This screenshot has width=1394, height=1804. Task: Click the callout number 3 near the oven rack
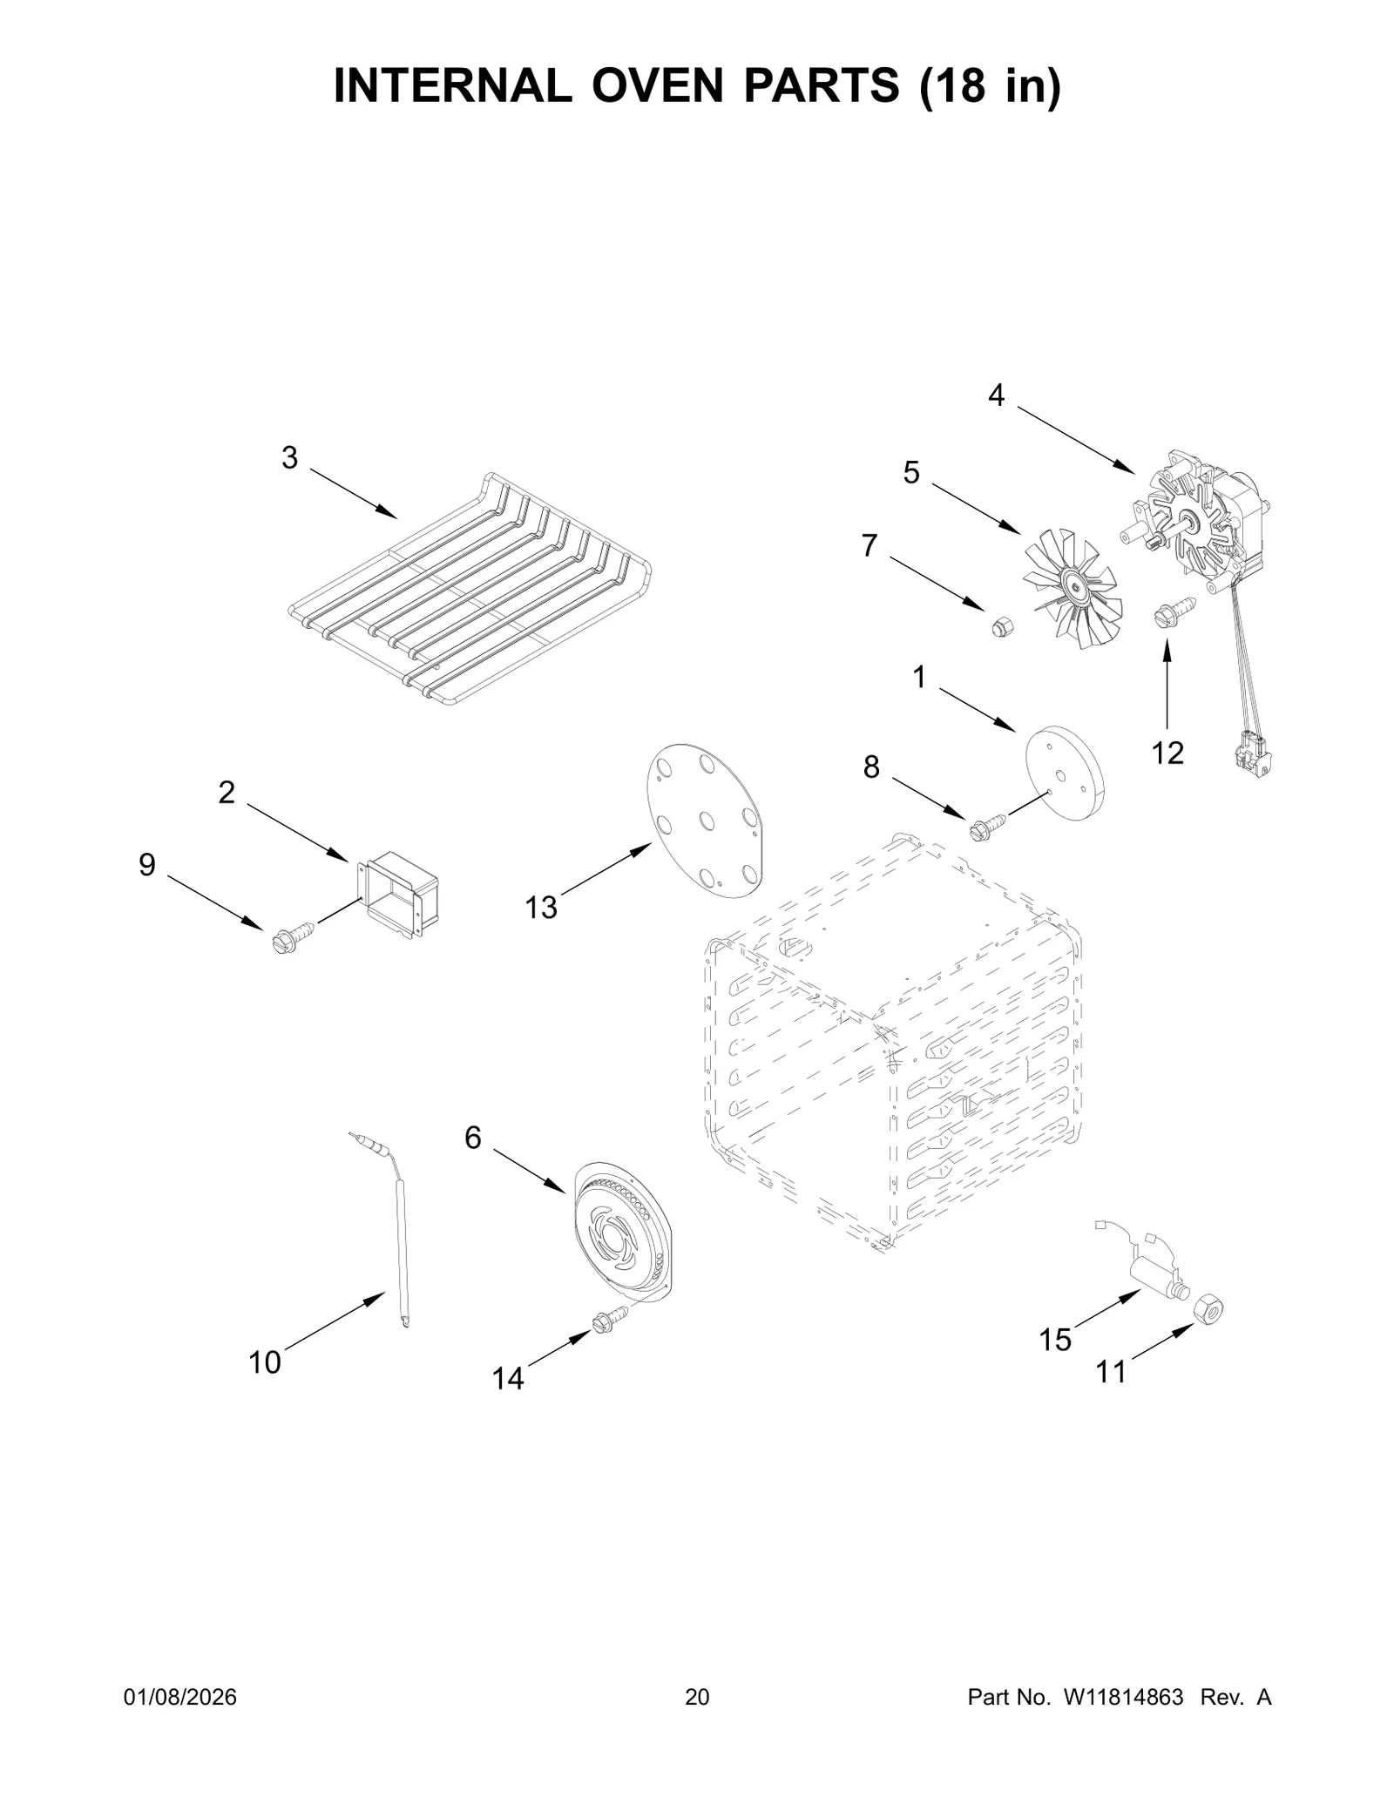tap(289, 457)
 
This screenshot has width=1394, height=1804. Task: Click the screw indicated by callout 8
tap(986, 823)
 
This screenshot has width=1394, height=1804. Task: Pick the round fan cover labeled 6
tap(622, 1235)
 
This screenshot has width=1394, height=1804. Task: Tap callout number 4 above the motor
tap(996, 395)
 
